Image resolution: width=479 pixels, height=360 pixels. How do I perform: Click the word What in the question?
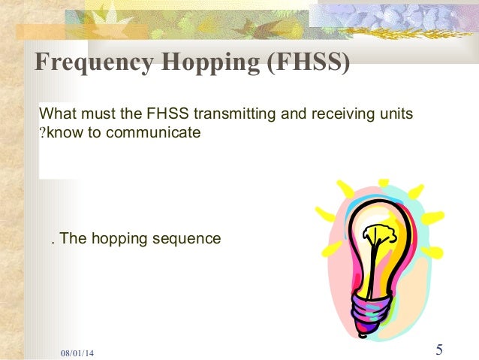tap(56, 115)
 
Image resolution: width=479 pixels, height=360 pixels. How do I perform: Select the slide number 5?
tap(439, 349)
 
